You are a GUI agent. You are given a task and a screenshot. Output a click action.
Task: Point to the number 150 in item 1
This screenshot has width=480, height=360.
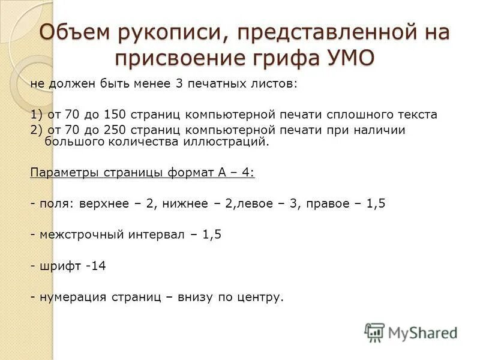point(113,114)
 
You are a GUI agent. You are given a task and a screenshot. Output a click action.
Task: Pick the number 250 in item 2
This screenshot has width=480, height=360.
point(113,130)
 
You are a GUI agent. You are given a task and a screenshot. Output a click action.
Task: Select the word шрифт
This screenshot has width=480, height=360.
point(60,266)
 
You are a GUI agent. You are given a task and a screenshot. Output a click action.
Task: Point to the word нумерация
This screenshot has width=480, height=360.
point(73,297)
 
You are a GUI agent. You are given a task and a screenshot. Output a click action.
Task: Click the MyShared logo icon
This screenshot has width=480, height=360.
point(374,332)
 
